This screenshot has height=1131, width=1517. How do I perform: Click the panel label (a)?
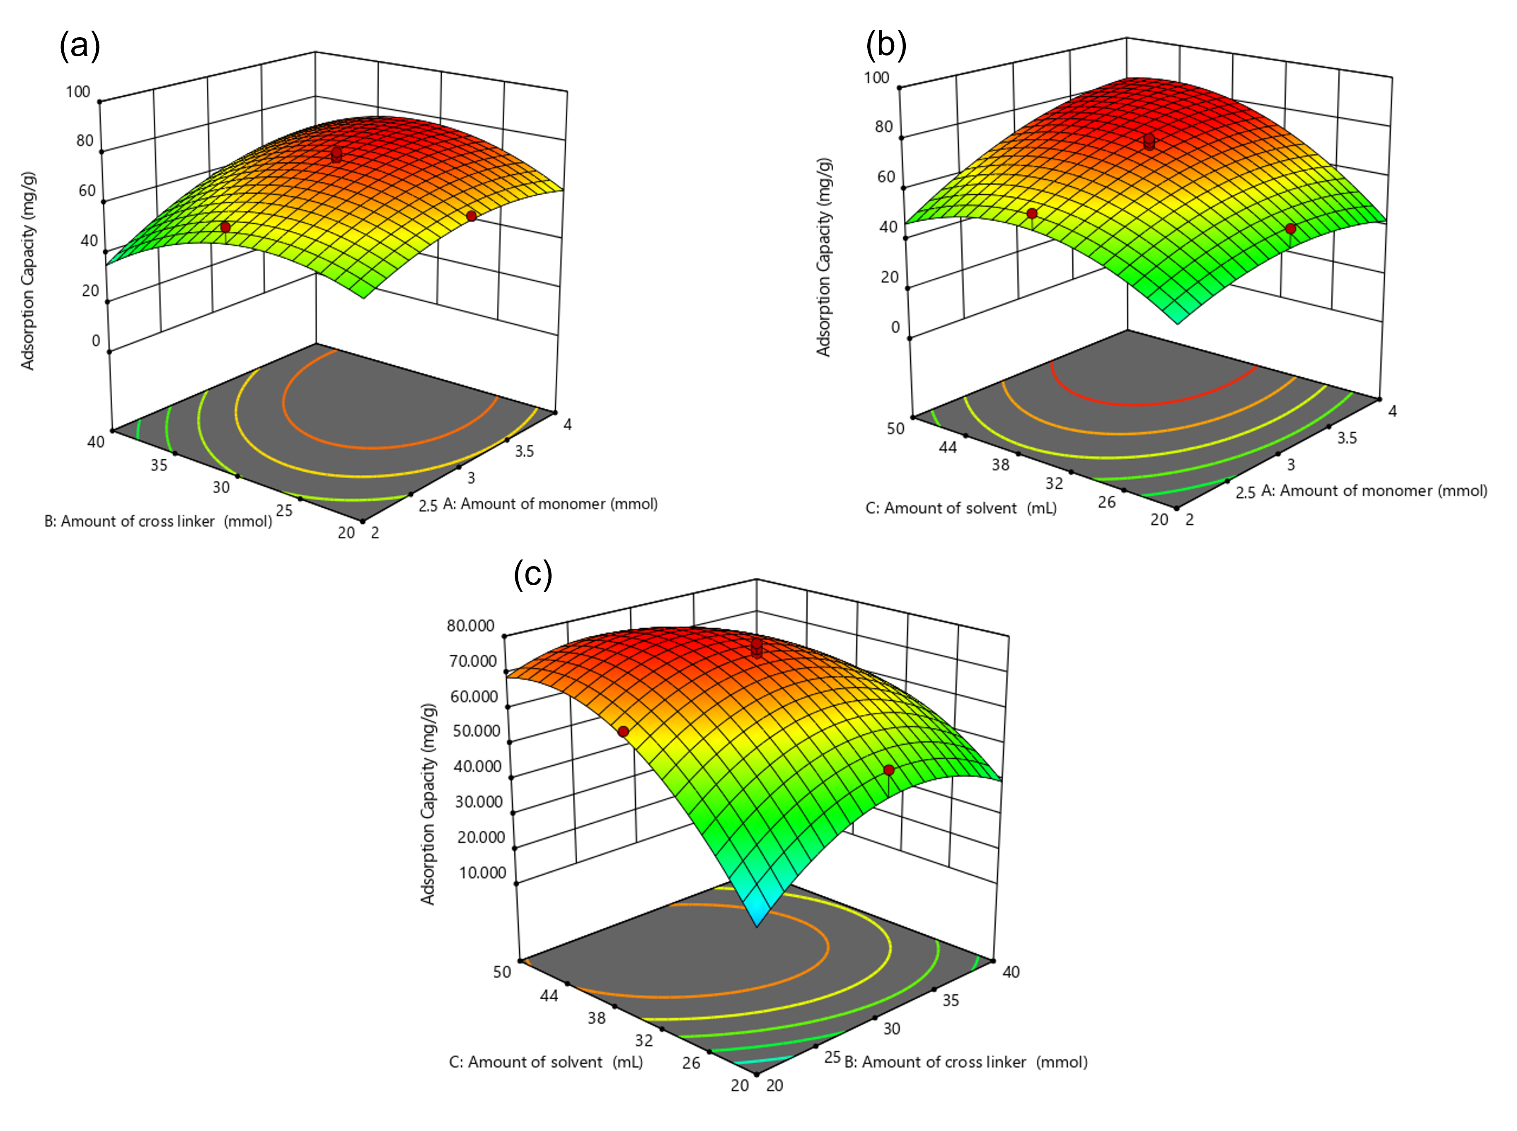tap(80, 46)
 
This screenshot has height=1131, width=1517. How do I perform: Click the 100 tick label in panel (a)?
tap(78, 92)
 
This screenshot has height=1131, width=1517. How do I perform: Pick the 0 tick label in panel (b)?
tap(895, 327)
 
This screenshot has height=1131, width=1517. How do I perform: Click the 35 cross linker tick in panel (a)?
tap(159, 465)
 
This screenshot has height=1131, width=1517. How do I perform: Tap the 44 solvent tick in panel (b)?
tap(948, 447)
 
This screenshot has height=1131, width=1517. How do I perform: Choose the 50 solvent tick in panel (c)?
tap(502, 972)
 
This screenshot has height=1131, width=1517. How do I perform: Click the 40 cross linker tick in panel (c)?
tap(1011, 972)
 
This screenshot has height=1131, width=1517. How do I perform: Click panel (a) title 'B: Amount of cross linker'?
tap(157, 522)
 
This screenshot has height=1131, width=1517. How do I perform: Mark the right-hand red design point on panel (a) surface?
tap(471, 216)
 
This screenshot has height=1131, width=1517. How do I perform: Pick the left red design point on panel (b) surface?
tap(1032, 214)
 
